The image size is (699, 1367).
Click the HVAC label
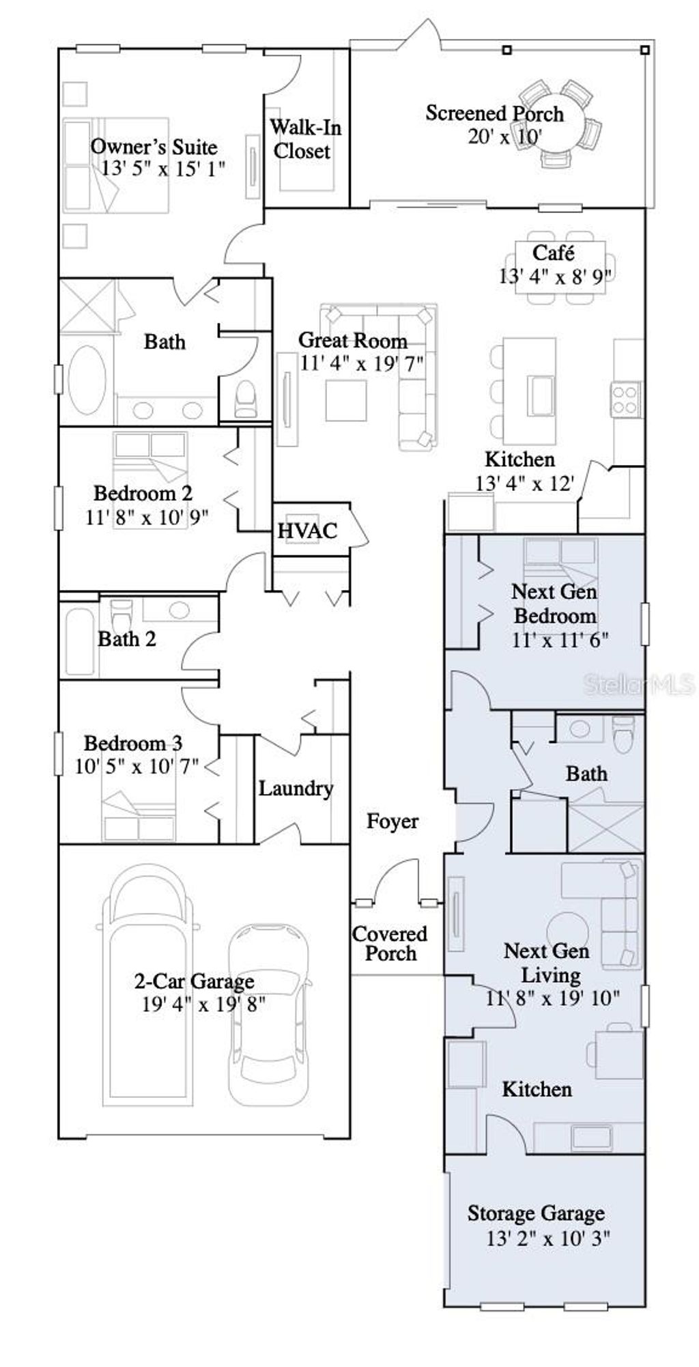point(307,531)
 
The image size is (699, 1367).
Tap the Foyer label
point(392,821)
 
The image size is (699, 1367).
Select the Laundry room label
point(295,789)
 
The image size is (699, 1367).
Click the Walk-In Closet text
point(304,139)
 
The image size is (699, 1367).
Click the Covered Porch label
point(390,943)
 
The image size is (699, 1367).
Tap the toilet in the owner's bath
point(245,399)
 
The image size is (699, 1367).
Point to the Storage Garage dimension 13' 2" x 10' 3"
point(547,1238)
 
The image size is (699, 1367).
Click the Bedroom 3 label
point(133,743)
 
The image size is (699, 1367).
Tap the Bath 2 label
point(127,639)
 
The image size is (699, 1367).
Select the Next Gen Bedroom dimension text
point(560,640)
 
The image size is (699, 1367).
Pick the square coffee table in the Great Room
point(346,400)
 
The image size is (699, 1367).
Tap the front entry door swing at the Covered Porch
point(398,881)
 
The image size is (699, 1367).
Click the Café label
point(553,253)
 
